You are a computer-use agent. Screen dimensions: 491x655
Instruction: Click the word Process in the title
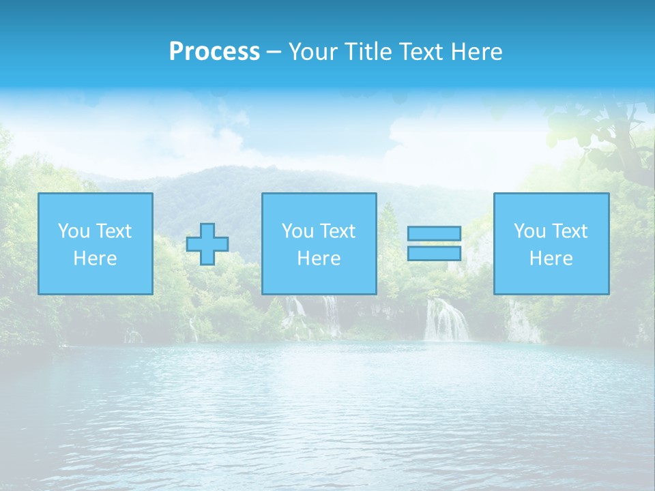click(214, 52)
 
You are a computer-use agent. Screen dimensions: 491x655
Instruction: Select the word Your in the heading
click(312, 52)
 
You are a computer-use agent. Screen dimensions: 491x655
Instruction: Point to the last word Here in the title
click(478, 52)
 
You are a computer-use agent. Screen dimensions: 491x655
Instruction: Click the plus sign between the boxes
click(207, 244)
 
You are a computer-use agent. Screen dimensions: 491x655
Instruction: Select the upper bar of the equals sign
click(434, 233)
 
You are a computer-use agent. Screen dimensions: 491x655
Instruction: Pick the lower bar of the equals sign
click(434, 253)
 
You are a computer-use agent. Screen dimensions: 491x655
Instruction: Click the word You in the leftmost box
click(74, 231)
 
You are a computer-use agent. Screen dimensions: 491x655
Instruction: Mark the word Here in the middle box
click(319, 258)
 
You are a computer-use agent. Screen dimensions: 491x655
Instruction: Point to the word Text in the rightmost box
click(569, 231)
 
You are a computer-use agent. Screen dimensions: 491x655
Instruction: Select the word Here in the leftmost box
click(96, 258)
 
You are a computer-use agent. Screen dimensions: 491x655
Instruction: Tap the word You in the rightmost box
click(529, 231)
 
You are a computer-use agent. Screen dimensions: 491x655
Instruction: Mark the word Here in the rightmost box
click(551, 258)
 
